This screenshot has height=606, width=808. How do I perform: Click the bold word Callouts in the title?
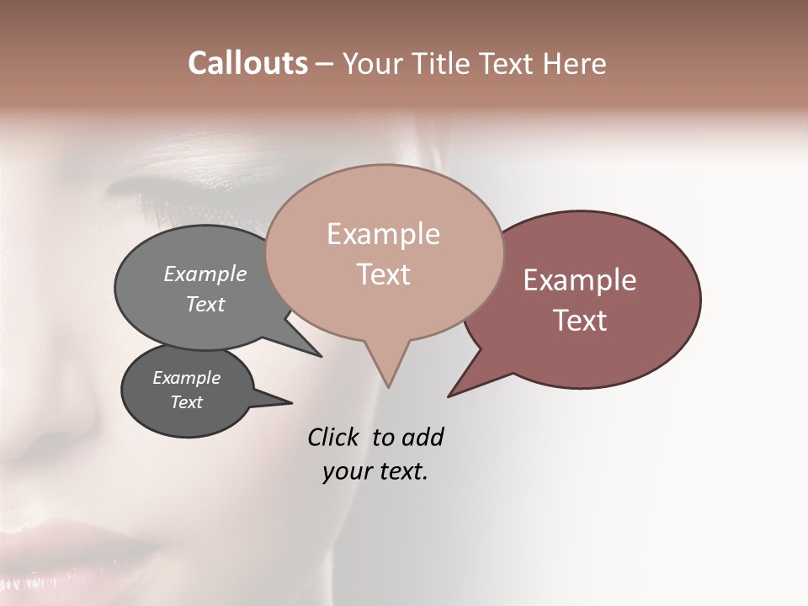click(x=247, y=64)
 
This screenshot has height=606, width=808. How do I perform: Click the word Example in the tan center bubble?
click(x=383, y=235)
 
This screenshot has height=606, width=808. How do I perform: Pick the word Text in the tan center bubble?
click(x=384, y=274)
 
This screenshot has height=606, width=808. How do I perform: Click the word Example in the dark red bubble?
click(x=580, y=280)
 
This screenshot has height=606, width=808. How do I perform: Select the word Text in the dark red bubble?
click(x=580, y=321)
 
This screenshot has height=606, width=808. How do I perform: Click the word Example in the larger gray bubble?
click(x=205, y=274)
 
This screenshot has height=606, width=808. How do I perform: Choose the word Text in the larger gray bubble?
click(x=205, y=305)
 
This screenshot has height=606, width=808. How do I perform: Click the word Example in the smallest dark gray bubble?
click(x=186, y=378)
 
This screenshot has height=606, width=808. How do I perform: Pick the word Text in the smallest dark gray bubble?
click(x=187, y=402)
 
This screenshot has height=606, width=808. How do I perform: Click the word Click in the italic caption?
click(x=334, y=437)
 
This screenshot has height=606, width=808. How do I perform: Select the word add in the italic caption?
click(x=423, y=437)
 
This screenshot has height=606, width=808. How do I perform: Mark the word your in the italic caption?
click(x=348, y=471)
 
